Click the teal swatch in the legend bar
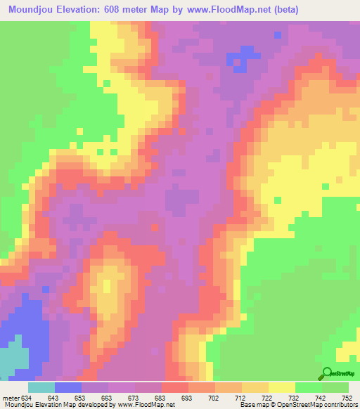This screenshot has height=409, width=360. click(x=41, y=388)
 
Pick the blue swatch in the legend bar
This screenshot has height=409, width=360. click(x=68, y=388)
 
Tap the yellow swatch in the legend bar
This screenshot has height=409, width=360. click(x=282, y=388)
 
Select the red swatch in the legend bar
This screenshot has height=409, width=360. click(x=175, y=388)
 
